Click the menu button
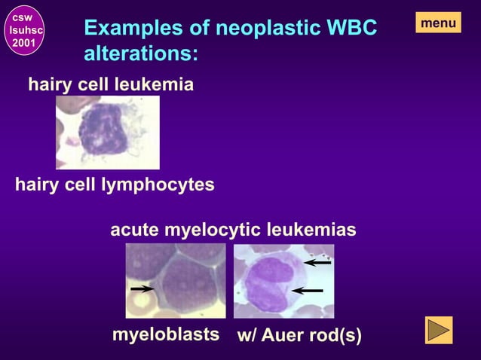click(438, 23)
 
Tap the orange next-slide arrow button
click(439, 331)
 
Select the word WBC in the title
click(350, 29)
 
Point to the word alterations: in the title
click(141, 54)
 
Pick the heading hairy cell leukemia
click(111, 85)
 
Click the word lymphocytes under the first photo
click(158, 185)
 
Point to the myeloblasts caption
click(166, 334)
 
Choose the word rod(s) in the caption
click(336, 334)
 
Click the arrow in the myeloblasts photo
click(142, 288)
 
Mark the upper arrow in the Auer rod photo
click(317, 263)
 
